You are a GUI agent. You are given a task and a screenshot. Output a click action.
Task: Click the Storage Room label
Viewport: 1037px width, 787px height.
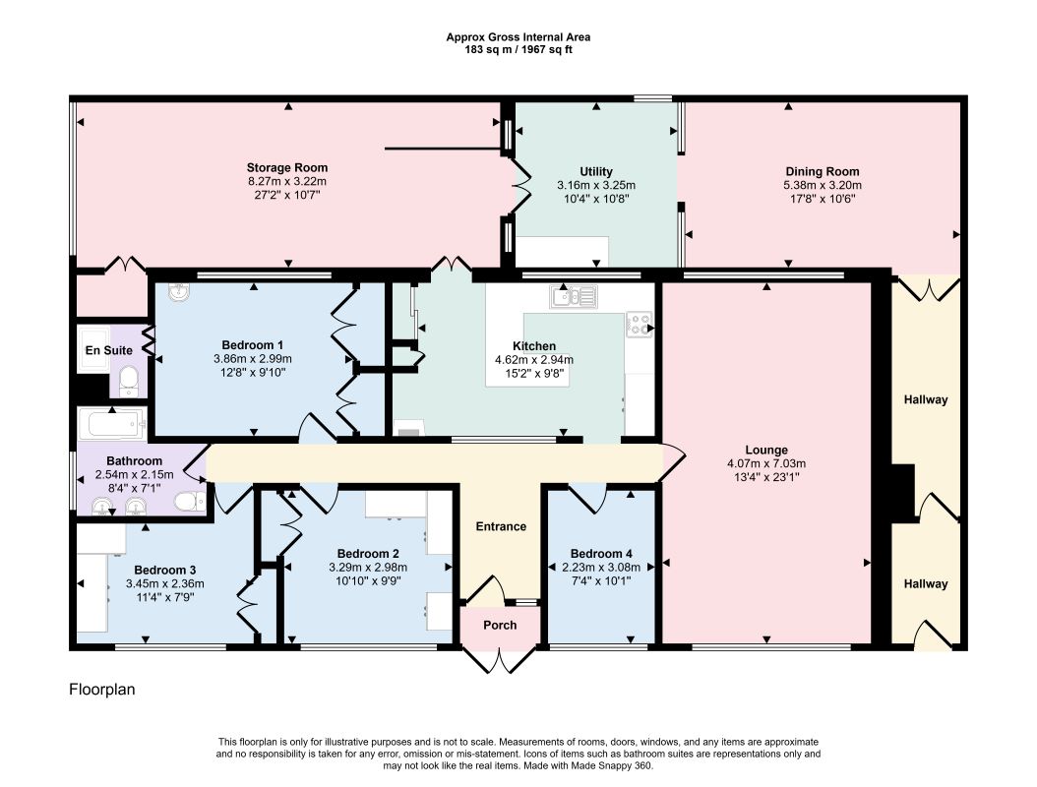tap(287, 168)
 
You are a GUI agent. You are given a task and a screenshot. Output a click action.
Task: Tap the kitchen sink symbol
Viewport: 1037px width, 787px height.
tap(574, 297)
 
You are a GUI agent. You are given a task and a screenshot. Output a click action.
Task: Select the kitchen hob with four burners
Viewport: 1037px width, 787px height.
tap(639, 324)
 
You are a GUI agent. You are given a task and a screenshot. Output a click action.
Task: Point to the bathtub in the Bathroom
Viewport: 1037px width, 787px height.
tap(112, 424)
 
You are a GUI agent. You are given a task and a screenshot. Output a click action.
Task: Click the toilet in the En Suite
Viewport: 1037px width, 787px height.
tap(128, 381)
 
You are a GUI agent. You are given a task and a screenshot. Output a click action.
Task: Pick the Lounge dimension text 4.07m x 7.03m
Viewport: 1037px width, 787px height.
tap(766, 464)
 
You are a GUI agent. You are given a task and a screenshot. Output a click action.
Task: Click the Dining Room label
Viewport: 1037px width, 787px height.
tap(823, 172)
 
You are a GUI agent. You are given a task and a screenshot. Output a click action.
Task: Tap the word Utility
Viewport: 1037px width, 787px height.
tap(596, 172)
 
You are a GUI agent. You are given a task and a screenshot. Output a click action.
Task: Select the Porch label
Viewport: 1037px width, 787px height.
tap(500, 625)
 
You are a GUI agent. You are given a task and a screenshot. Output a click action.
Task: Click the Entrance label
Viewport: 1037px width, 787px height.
tap(502, 526)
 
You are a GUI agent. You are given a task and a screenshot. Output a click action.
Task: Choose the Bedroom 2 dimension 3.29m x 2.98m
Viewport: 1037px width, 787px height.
tap(368, 568)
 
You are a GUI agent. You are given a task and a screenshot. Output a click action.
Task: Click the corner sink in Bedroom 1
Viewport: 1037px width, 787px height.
tap(178, 291)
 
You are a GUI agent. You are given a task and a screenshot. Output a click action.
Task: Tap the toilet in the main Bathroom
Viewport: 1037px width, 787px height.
tap(191, 502)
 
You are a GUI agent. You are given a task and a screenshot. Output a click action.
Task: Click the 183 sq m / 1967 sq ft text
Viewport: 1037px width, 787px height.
tap(518, 49)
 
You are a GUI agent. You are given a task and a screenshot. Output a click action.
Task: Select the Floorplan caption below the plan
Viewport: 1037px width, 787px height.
tap(102, 690)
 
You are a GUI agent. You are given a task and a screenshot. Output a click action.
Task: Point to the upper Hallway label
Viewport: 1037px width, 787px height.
tap(926, 399)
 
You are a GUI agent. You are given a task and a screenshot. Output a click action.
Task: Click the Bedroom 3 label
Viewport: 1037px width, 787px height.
tap(164, 570)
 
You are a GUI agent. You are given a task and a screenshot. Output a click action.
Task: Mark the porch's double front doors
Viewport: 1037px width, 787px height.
tap(500, 660)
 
